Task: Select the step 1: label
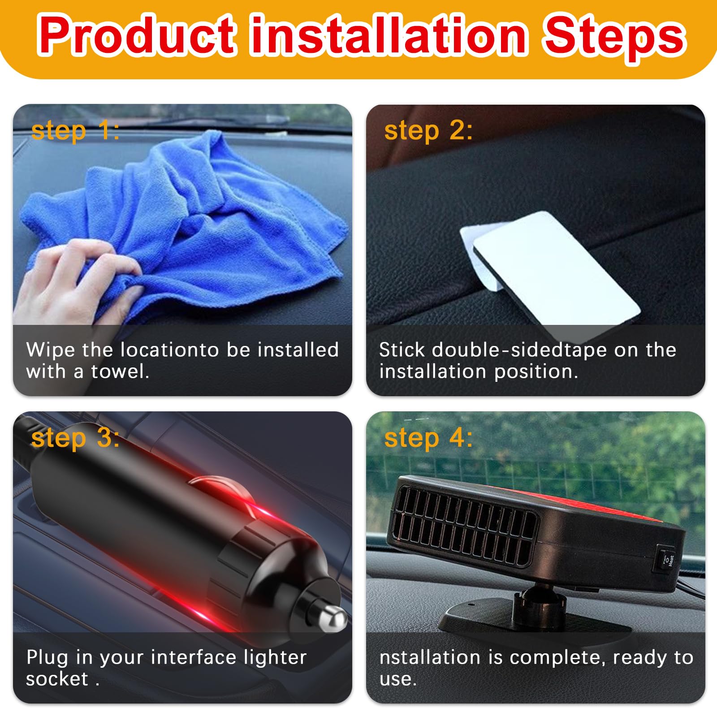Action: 75,131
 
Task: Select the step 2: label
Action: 428,131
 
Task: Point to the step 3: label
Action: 75,438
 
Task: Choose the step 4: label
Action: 428,438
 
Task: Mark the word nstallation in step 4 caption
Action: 430,657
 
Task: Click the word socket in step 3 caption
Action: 57,679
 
